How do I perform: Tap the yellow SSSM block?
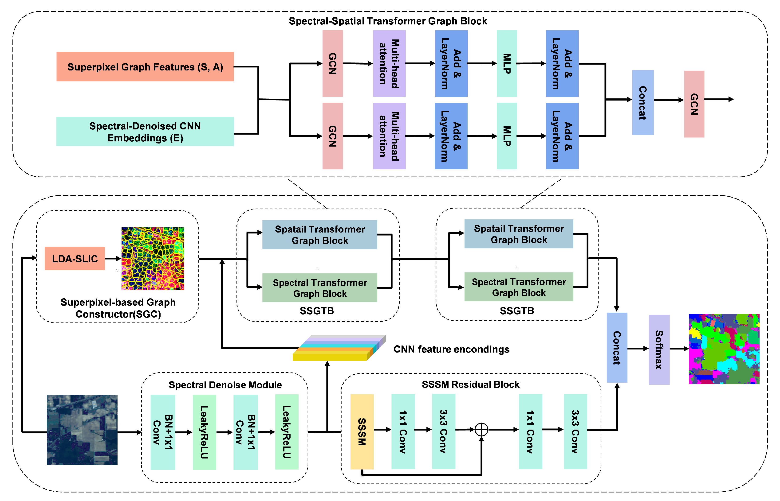362,431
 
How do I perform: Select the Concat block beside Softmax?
617,347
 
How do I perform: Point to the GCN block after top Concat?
694,104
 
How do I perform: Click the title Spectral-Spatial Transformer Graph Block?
387,21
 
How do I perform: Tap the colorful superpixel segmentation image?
153,258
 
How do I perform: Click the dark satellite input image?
82,430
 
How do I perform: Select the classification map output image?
724,349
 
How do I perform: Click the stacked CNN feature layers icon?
339,348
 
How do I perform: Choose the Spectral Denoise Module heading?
225,385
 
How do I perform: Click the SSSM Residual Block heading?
470,384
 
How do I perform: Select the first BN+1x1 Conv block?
163,432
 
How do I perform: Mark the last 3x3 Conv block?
575,431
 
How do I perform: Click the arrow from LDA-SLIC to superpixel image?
113,259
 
